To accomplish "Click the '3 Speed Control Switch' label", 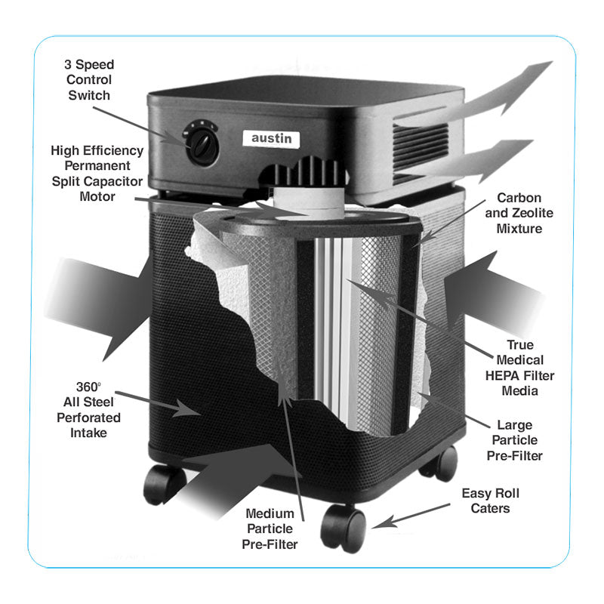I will coord(89,79).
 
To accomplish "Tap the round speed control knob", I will coord(202,144).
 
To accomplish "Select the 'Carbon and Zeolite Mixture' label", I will coord(519,212).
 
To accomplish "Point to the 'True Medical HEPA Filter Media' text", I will coord(520,368).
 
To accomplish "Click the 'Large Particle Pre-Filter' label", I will coord(519,440).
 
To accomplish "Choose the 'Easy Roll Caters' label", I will coord(490,501).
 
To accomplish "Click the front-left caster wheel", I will coord(165,484).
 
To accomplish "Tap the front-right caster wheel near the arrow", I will coord(344,526).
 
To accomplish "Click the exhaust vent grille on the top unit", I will coord(421,143).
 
